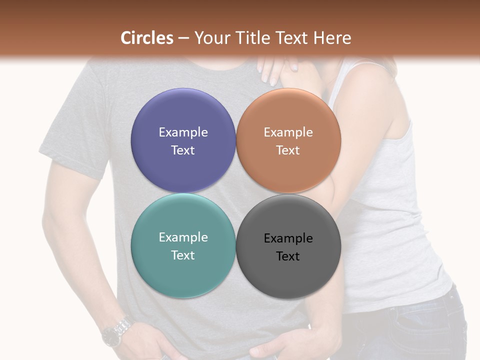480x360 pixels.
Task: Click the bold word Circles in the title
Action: pyautogui.click(x=147, y=38)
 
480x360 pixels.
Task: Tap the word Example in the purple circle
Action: pyautogui.click(x=183, y=132)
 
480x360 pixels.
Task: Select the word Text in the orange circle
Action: pyautogui.click(x=288, y=150)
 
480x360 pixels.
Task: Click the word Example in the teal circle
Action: pyautogui.click(x=183, y=237)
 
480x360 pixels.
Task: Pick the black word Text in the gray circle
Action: pyautogui.click(x=288, y=256)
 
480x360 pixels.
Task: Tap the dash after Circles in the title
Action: pyautogui.click(x=183, y=38)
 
